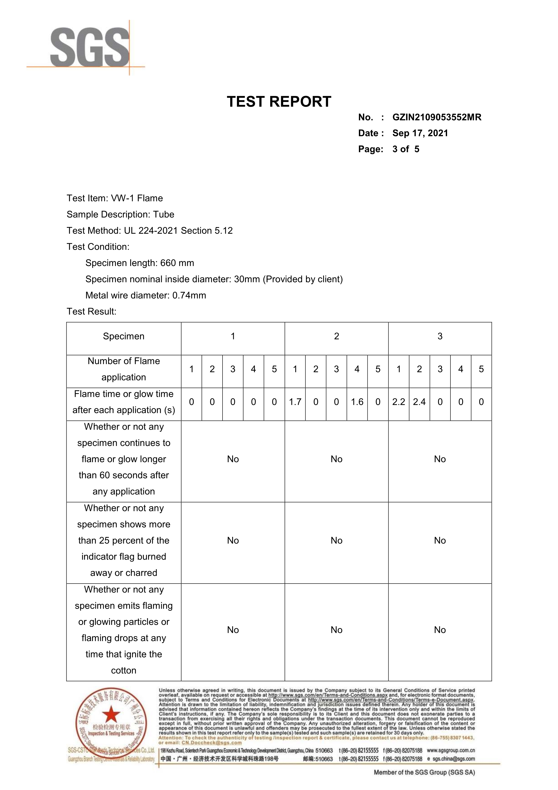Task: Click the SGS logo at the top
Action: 90,48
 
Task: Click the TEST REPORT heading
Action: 279,102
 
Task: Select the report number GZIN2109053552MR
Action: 437,117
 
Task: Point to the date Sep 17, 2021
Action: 420,133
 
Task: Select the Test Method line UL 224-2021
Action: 150,231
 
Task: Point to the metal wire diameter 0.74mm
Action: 189,295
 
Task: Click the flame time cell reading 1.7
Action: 295,402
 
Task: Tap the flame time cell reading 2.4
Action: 419,402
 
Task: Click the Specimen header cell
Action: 124,336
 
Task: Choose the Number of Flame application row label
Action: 124,369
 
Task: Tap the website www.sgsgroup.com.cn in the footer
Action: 451,750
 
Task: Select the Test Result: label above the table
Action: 91,311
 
